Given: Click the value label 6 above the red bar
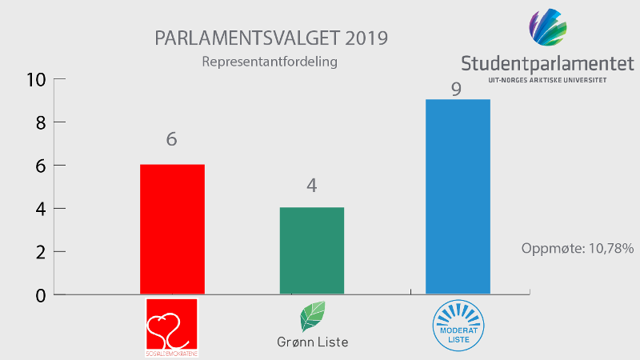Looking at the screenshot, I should tap(171, 139).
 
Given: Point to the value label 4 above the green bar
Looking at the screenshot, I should tap(311, 186).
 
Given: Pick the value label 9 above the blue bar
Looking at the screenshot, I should tap(456, 88).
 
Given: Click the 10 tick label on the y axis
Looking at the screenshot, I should tap(36, 79).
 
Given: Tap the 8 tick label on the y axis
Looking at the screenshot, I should tap(38, 122).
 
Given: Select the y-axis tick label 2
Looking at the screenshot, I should tap(38, 252).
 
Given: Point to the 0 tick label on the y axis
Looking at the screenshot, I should tap(38, 295).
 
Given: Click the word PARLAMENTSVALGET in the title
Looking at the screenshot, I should tap(244, 38).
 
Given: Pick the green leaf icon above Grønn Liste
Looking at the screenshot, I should tap(311, 317).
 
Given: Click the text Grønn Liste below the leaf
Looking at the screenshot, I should tap(311, 342).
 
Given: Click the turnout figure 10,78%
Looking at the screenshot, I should tap(607, 249).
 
